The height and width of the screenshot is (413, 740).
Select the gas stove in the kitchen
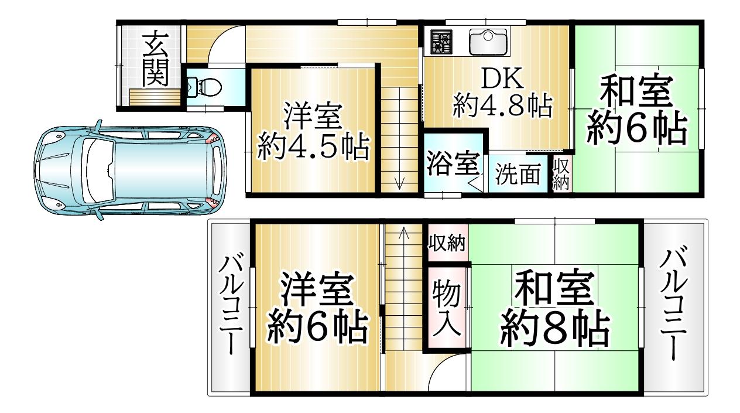(441, 42)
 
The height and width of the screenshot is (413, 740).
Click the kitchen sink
(488, 42)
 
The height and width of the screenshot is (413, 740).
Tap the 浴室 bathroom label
(453, 163)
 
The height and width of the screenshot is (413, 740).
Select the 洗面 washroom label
(518, 173)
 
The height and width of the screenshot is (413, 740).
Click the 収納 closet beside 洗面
(561, 173)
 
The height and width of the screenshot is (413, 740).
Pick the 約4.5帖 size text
(313, 146)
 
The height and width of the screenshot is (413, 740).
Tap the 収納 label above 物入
(447, 243)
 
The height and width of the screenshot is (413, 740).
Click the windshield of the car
(98, 170)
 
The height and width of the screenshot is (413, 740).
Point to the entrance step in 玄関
(155, 97)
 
